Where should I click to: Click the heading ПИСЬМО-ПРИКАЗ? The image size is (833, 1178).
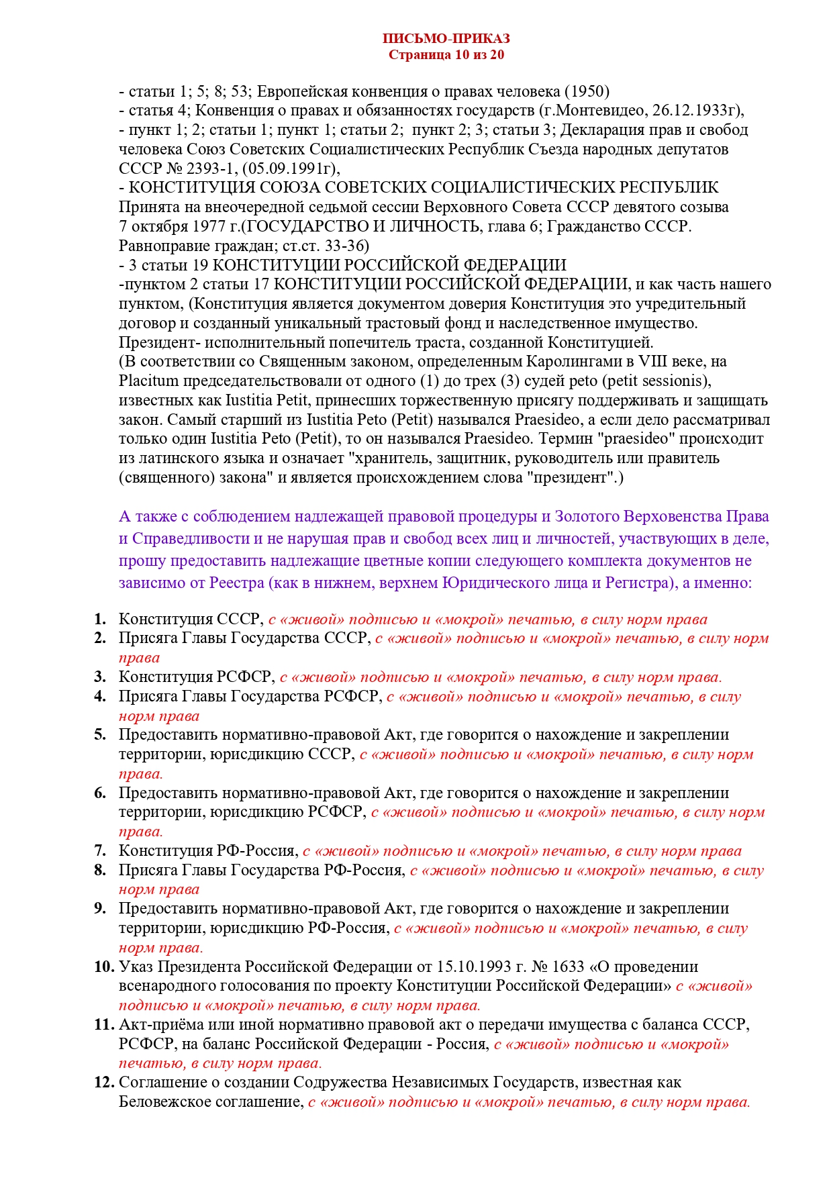point(446,39)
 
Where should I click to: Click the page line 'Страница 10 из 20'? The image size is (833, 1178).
point(446,55)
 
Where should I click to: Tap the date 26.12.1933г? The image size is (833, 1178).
point(705,111)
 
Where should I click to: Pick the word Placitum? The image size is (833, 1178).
point(148,381)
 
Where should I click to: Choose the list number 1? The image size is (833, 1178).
point(100,620)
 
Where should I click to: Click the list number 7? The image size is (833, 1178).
point(100,851)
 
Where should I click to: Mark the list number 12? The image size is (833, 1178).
point(104,1083)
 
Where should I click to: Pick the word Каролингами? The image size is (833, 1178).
point(591,362)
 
